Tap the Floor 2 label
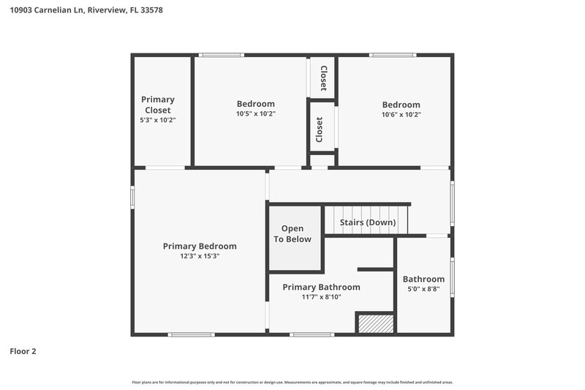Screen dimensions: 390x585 coord(23,351)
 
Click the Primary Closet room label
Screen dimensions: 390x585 coord(158,105)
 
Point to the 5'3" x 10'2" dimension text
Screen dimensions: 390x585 coord(158,120)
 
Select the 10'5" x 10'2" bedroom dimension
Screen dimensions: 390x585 coord(255,114)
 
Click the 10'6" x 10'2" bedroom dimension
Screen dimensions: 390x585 coord(401,115)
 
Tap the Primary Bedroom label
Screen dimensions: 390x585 coord(199,246)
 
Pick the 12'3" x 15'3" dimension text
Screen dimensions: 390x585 coord(199,256)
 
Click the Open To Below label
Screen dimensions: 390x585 coord(292,234)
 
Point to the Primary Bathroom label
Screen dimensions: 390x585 coord(321,287)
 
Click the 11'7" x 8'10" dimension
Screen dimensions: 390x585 coord(321,297)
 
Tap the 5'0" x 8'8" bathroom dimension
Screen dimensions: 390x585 coord(423,290)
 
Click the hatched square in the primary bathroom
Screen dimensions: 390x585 coord(375,323)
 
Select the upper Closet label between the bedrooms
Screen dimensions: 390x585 coord(322,77)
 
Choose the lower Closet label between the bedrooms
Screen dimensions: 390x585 coord(319,130)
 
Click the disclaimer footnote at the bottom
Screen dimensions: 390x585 coord(292,383)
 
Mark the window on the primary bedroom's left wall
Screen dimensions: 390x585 coord(132,197)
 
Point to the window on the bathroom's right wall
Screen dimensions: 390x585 coord(453,278)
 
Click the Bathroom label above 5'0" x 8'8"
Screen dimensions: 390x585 coord(423,279)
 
